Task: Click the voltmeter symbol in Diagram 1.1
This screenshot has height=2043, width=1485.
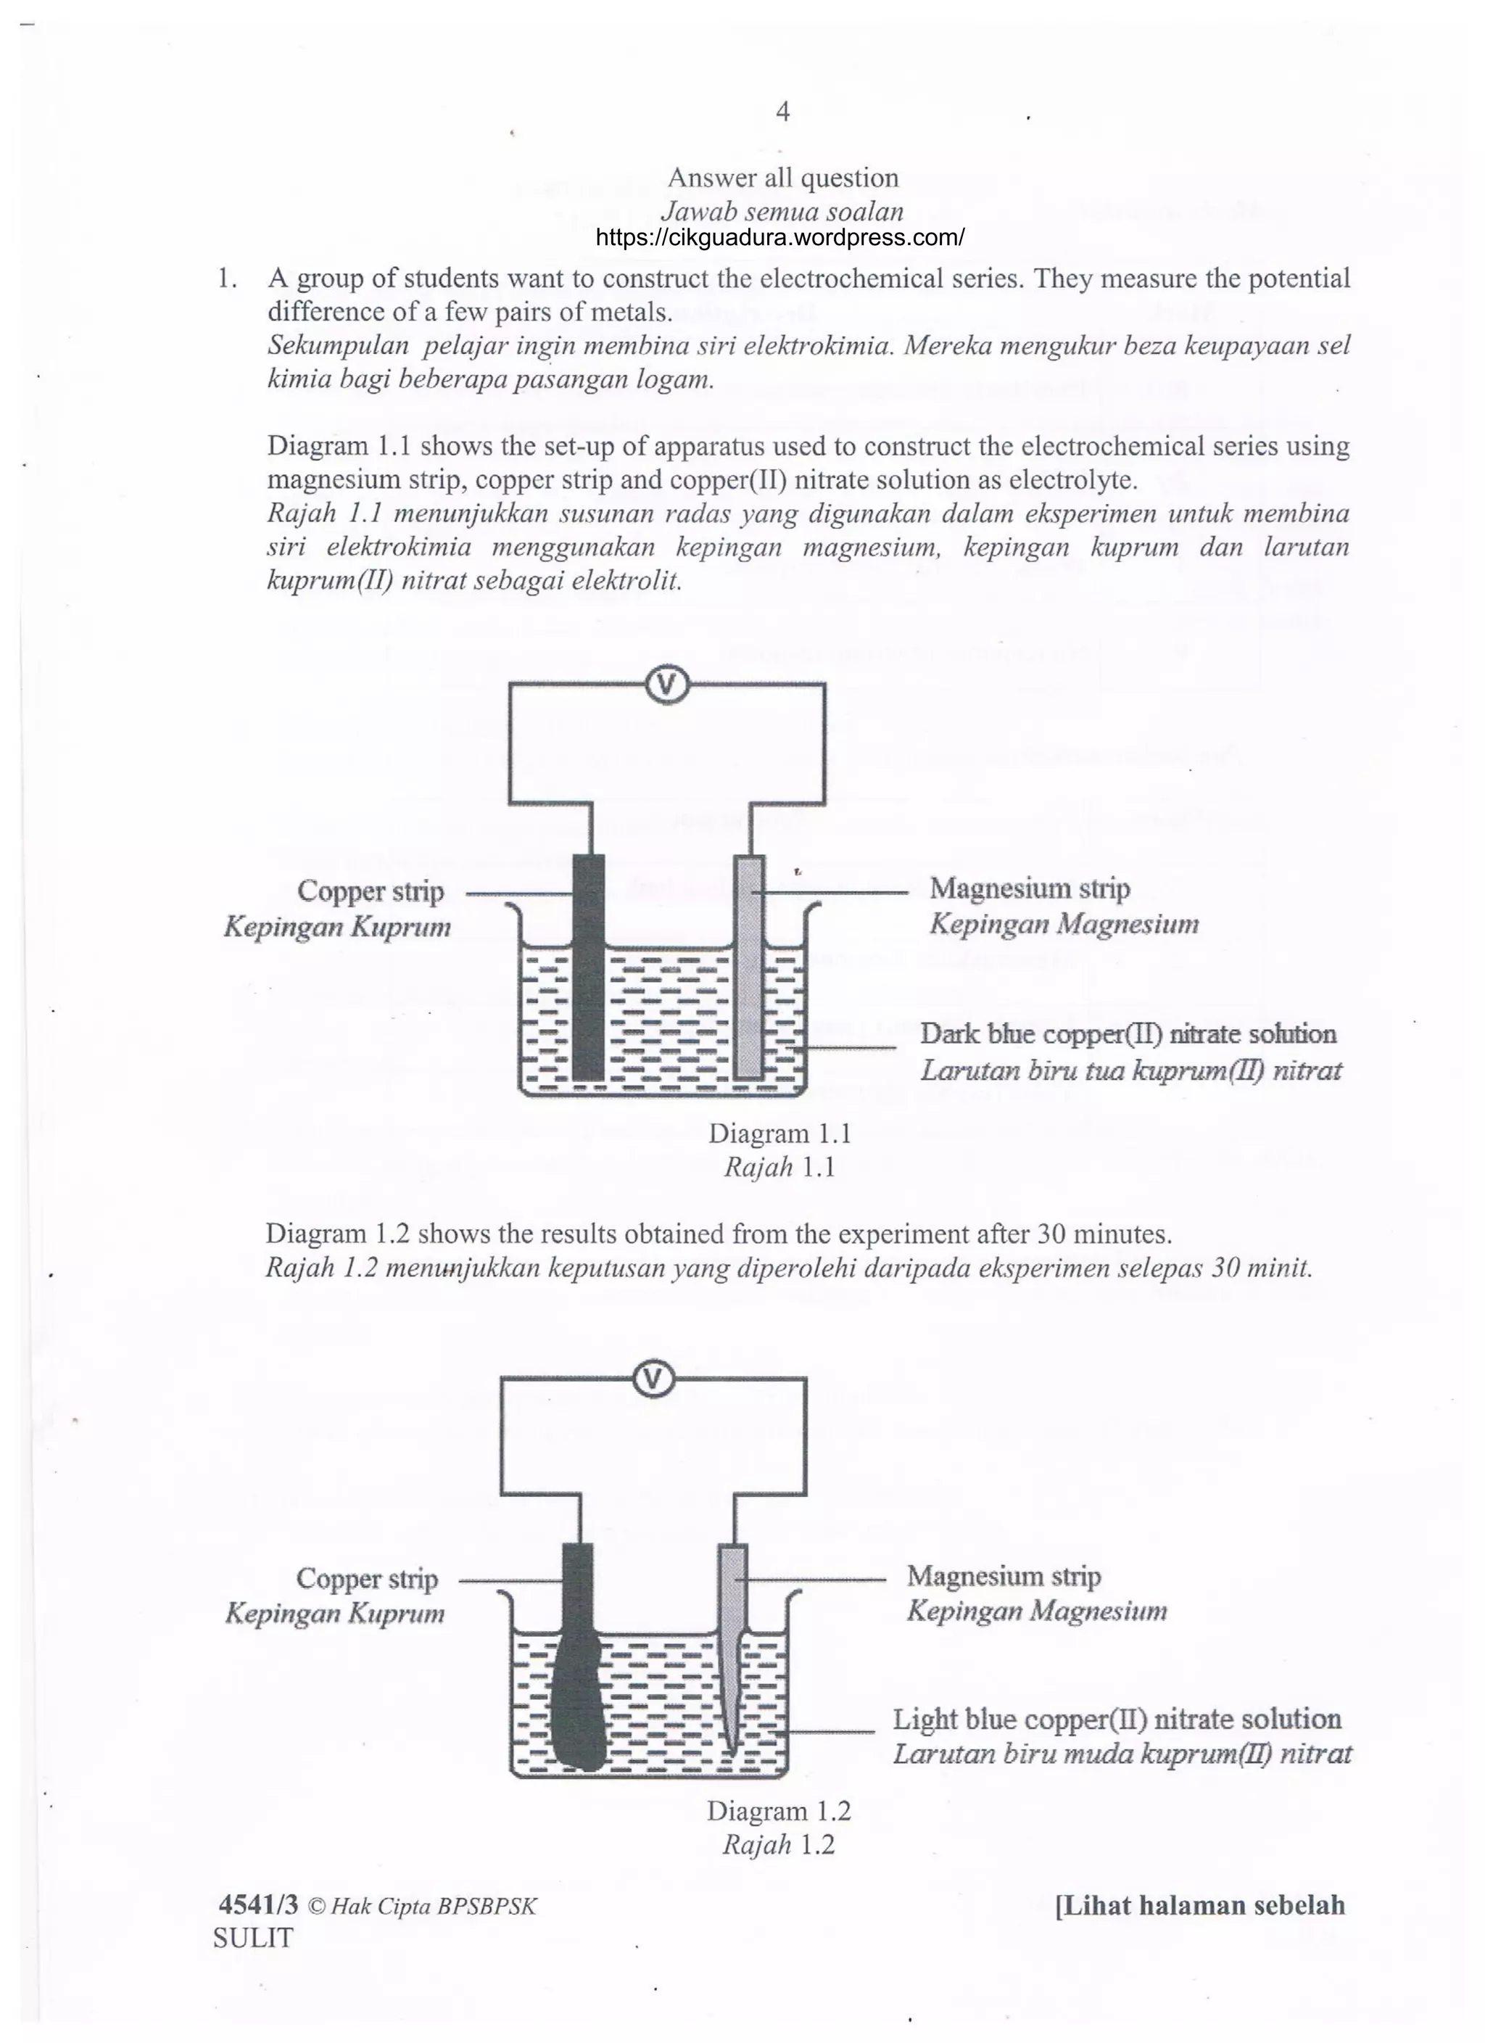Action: [x=666, y=685]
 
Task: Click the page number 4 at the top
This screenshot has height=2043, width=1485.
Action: [x=782, y=112]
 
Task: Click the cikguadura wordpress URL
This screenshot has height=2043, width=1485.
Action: [x=780, y=238]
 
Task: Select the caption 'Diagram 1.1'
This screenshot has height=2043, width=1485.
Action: [x=780, y=1134]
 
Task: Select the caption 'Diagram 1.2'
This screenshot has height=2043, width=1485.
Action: [x=779, y=1811]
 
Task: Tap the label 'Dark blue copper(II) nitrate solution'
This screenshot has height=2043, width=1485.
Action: [x=1128, y=1033]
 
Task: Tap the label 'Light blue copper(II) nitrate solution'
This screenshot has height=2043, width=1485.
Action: [x=1117, y=1719]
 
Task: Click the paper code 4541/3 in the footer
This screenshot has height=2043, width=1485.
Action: [x=258, y=1905]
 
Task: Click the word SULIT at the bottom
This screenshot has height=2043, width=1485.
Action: [x=253, y=1939]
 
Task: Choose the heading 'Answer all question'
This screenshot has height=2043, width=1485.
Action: [x=782, y=178]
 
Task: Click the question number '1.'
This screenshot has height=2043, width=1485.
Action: [x=227, y=278]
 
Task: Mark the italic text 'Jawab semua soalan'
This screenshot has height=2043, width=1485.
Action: [x=782, y=212]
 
